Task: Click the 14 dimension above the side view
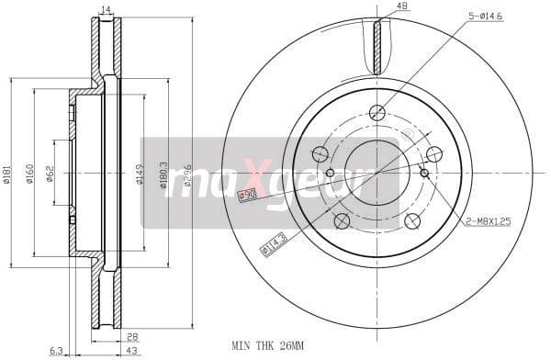click(x=106, y=9)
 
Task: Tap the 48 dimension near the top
click(x=401, y=6)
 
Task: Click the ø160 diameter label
click(x=29, y=173)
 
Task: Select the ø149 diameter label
click(x=140, y=174)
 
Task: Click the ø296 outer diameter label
click(x=186, y=173)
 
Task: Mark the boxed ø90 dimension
click(x=246, y=195)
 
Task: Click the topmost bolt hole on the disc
click(x=377, y=113)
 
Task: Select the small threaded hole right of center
click(x=423, y=172)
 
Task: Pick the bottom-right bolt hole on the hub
click(x=412, y=220)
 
